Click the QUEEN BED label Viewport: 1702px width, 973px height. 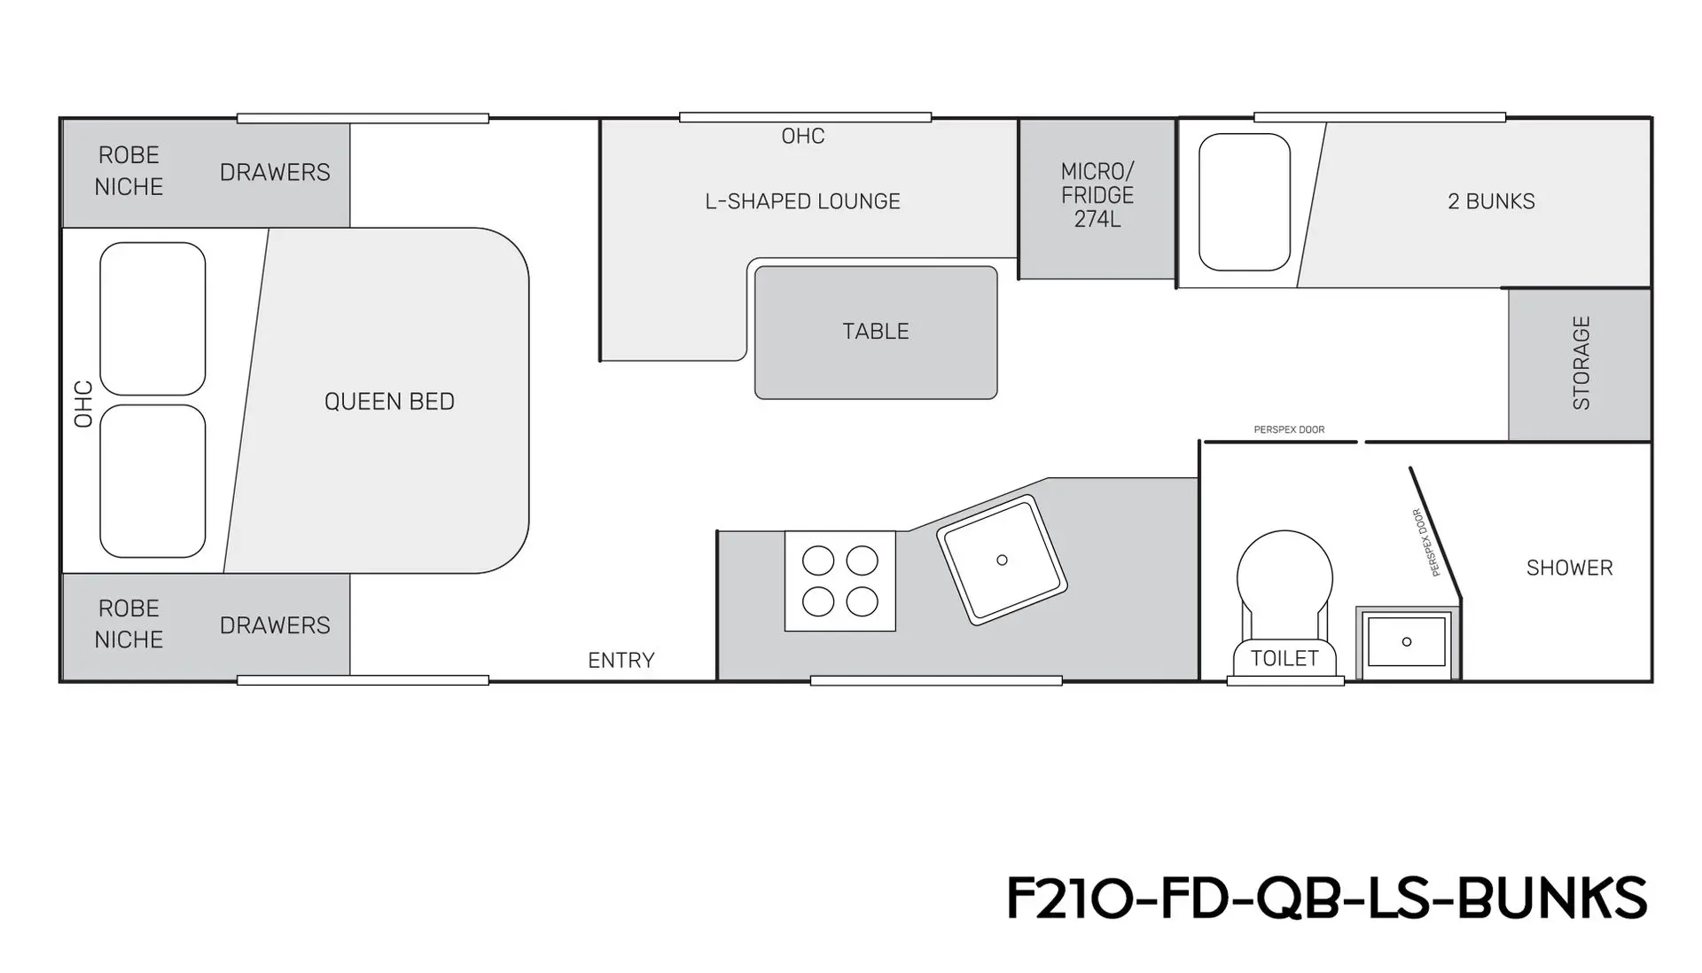click(x=389, y=402)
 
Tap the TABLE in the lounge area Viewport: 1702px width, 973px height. click(x=876, y=333)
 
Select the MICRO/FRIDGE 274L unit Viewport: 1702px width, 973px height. click(x=1097, y=199)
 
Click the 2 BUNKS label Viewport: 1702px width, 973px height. click(x=1491, y=201)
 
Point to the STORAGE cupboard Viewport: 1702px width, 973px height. click(x=1580, y=365)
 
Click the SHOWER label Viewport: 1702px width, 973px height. click(x=1569, y=568)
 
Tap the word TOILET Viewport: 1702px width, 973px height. click(x=1284, y=658)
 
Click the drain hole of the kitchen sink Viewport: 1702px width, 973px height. click(x=1002, y=560)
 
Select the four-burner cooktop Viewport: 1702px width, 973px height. click(x=840, y=581)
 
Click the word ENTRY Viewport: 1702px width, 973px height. click(x=621, y=661)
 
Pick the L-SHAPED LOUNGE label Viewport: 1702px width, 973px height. click(x=802, y=201)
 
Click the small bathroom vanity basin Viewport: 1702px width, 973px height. click(x=1407, y=642)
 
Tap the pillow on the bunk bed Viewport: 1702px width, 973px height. click(x=1245, y=202)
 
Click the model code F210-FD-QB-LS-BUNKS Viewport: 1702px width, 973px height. click(x=1326, y=898)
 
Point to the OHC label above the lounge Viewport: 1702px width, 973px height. click(x=803, y=136)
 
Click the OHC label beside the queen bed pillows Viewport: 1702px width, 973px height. click(x=83, y=404)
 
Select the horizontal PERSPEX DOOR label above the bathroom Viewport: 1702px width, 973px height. click(x=1289, y=430)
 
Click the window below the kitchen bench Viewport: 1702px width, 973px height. click(x=936, y=681)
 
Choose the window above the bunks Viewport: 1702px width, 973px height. click(x=1379, y=117)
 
